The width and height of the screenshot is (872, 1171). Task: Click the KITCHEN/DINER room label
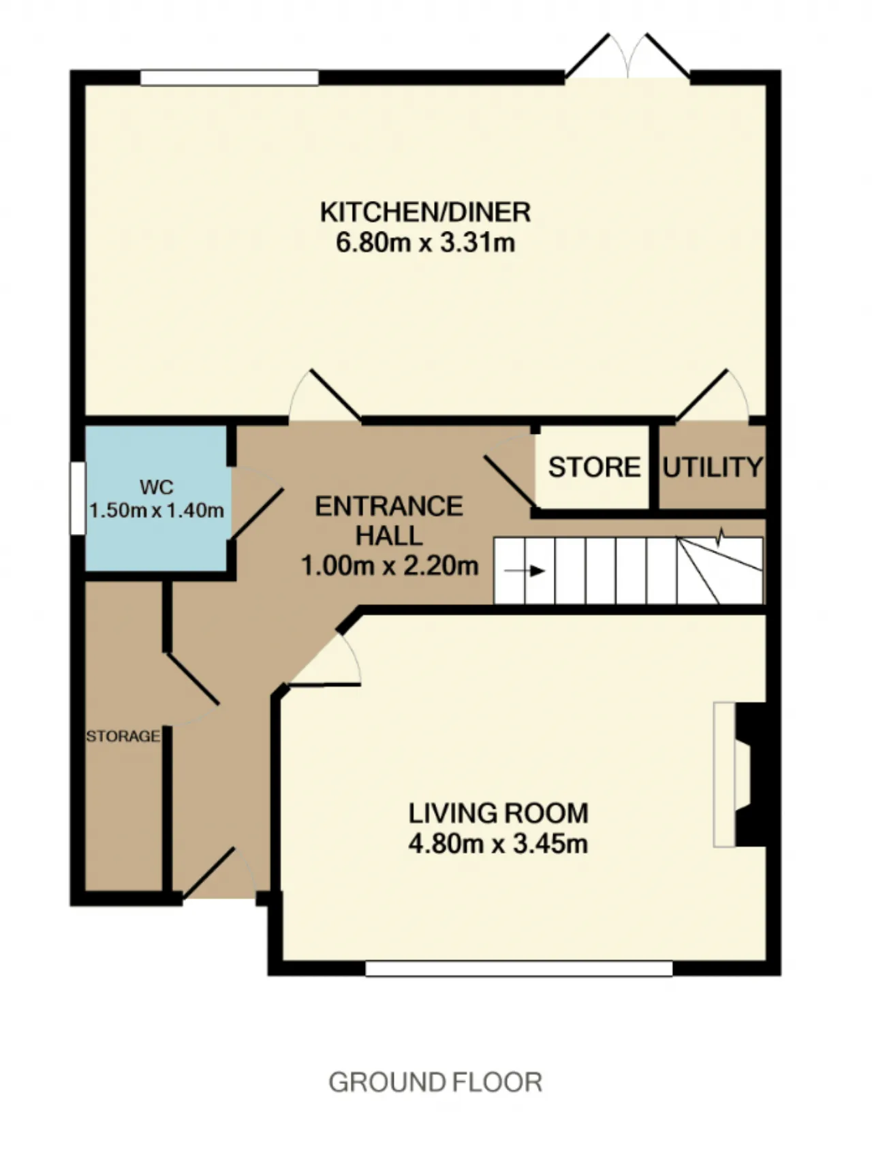click(x=425, y=212)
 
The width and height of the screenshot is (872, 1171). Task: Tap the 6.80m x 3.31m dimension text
click(x=425, y=243)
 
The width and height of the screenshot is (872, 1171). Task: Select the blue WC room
click(x=156, y=498)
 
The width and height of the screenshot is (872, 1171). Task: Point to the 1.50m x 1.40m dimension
click(x=157, y=510)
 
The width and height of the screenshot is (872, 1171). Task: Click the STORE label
click(x=594, y=467)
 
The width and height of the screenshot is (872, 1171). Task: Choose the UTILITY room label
click(x=713, y=467)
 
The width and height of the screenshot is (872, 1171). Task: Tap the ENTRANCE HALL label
click(x=389, y=521)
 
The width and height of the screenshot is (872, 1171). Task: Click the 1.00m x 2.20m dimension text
click(x=390, y=565)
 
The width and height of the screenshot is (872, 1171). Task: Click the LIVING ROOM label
click(x=499, y=813)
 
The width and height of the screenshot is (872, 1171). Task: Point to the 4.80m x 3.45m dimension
click(x=499, y=844)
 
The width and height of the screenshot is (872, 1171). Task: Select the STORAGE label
click(x=123, y=736)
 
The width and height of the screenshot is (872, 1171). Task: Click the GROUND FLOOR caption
click(x=435, y=1082)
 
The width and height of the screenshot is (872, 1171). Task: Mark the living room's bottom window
click(x=519, y=968)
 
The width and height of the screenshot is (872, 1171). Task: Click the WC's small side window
click(x=78, y=498)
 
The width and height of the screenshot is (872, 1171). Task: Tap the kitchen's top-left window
click(x=230, y=77)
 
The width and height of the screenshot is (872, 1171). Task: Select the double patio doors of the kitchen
click(x=627, y=57)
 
